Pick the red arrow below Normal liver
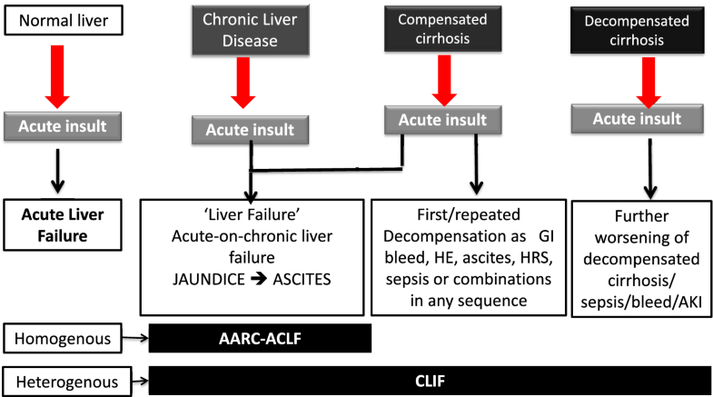(x=57, y=73)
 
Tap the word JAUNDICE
(x=206, y=270)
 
